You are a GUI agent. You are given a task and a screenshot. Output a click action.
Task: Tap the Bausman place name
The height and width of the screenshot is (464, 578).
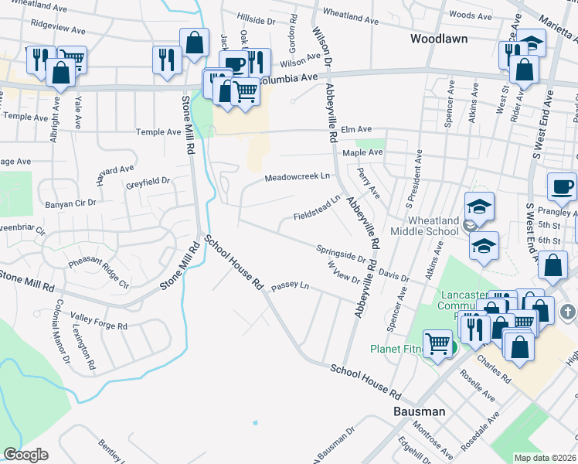click(x=419, y=411)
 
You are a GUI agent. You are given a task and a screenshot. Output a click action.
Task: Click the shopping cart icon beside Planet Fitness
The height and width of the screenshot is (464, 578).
click(x=438, y=343)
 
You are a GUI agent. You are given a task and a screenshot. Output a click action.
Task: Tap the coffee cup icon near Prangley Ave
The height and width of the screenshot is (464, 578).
click(x=562, y=187)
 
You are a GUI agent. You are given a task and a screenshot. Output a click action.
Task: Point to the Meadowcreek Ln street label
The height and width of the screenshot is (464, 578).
click(x=297, y=177)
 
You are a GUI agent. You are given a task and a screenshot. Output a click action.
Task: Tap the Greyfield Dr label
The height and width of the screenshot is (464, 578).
click(x=148, y=182)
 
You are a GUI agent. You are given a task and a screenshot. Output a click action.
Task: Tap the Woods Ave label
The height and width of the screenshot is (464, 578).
click(x=470, y=15)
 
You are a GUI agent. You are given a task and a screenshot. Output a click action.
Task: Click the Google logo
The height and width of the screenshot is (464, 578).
click(x=25, y=454)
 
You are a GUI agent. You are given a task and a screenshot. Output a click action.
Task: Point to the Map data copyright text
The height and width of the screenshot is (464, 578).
click(x=546, y=458)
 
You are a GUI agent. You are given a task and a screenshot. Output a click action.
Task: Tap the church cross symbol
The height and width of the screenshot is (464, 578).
click(x=567, y=312)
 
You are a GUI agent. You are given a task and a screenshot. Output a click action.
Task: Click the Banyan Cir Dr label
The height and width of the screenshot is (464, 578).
click(x=70, y=203)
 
